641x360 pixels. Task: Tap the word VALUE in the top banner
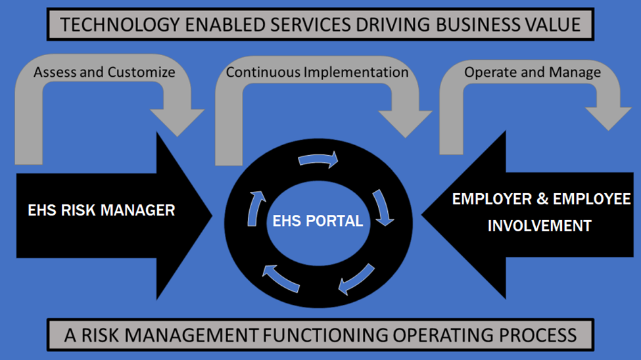tap(549, 25)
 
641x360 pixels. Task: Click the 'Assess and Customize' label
tap(105, 72)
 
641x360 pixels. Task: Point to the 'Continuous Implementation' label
tap(317, 72)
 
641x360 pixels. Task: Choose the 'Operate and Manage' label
tap(533, 72)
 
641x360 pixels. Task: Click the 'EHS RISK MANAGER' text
tap(101, 210)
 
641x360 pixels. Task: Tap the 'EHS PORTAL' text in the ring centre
tap(318, 221)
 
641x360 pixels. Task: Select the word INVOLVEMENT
tap(540, 226)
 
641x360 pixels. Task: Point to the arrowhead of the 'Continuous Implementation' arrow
tap(404, 122)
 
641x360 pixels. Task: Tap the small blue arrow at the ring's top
tap(319, 160)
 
